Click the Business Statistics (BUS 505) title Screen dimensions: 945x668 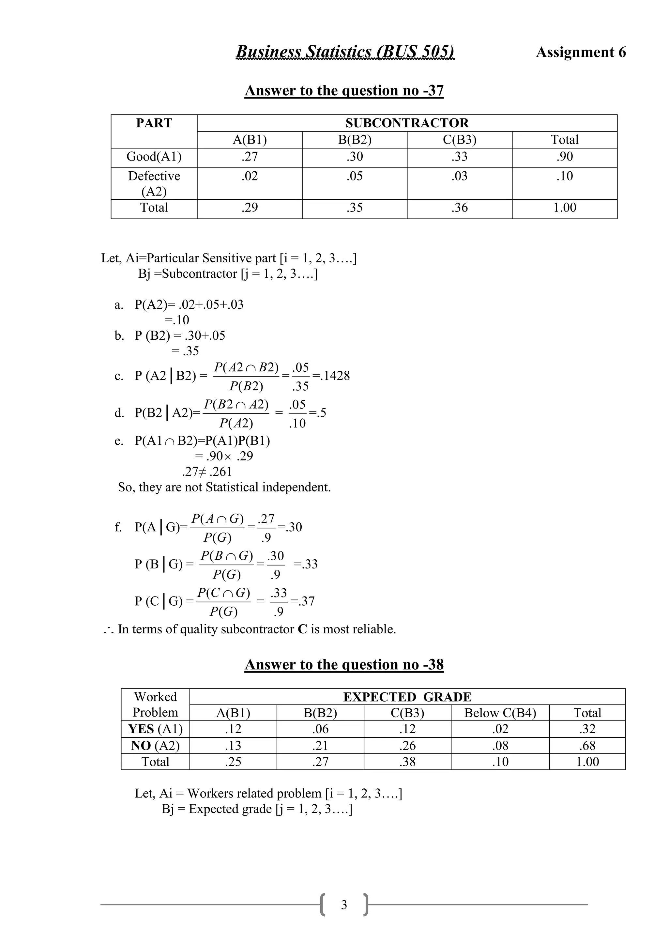[345, 52]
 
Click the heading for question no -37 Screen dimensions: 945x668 [344, 90]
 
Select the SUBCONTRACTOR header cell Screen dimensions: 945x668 [406, 123]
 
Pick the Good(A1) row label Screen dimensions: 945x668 [154, 157]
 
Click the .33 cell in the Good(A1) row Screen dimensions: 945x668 [460, 157]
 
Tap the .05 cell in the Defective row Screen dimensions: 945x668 [355, 176]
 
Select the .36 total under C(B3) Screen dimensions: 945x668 [460, 208]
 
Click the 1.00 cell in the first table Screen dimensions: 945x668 [564, 208]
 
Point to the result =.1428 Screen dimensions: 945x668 [331, 376]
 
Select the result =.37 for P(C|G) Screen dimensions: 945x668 [303, 601]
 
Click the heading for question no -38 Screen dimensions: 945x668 [344, 665]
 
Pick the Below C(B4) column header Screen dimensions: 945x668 [500, 713]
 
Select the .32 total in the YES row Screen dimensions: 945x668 [587, 729]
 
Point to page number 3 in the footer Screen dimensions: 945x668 [344, 905]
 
